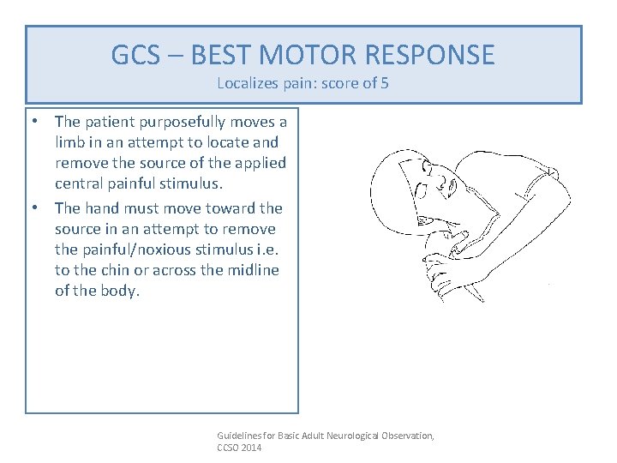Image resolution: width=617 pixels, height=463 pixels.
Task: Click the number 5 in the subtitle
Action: (386, 84)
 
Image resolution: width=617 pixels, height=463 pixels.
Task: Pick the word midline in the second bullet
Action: (252, 270)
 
